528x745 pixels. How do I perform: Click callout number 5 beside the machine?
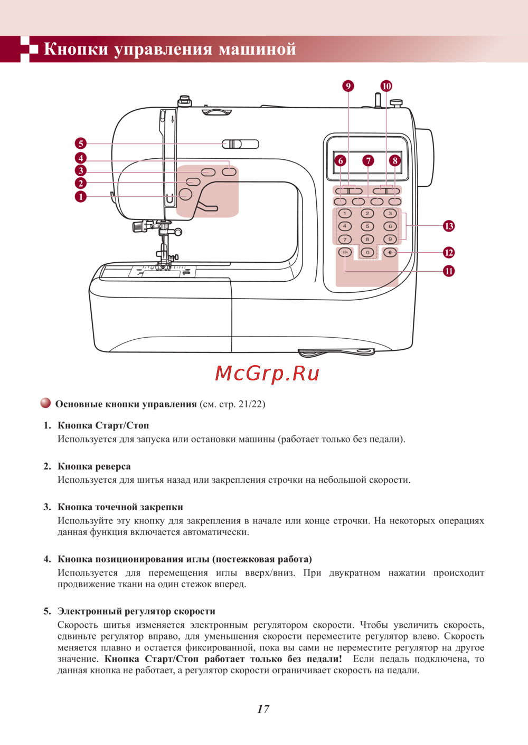click(x=80, y=144)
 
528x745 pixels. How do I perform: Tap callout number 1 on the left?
click(x=80, y=197)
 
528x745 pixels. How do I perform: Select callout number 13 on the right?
click(x=449, y=226)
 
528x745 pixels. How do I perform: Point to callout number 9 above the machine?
click(x=348, y=86)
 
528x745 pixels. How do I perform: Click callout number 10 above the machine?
click(x=386, y=86)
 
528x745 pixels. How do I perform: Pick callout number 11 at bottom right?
click(x=449, y=271)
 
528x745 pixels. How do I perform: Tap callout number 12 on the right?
click(x=449, y=253)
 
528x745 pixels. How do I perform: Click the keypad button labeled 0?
click(x=367, y=253)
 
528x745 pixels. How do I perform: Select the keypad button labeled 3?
click(x=390, y=214)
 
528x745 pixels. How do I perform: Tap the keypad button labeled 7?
click(x=345, y=240)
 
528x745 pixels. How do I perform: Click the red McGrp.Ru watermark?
click(x=267, y=374)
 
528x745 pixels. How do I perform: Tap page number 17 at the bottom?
click(x=263, y=709)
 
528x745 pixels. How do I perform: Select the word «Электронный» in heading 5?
click(x=90, y=612)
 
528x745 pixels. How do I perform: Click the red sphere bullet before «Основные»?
click(x=46, y=404)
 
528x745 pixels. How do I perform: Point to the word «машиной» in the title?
click(x=257, y=49)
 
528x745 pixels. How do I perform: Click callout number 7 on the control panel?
click(x=368, y=161)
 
